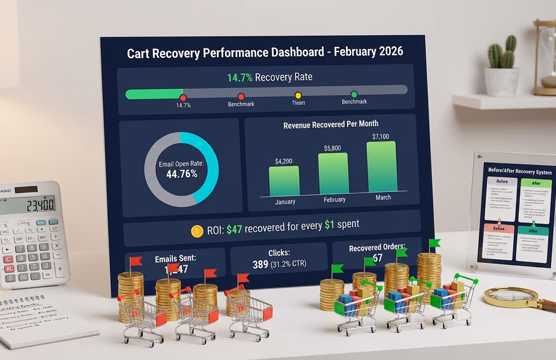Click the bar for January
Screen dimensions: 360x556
point(284,181)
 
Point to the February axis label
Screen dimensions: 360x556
point(334,200)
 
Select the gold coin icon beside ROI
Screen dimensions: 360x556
point(197,231)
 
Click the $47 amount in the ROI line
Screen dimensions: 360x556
point(235,225)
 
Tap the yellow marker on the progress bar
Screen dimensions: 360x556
point(298,95)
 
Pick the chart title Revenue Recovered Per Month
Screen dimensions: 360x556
point(331,124)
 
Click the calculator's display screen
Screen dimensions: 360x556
point(28,205)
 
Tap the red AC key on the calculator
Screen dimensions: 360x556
point(9,269)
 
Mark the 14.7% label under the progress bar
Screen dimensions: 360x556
point(183,105)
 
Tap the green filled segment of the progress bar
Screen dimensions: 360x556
point(154,94)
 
